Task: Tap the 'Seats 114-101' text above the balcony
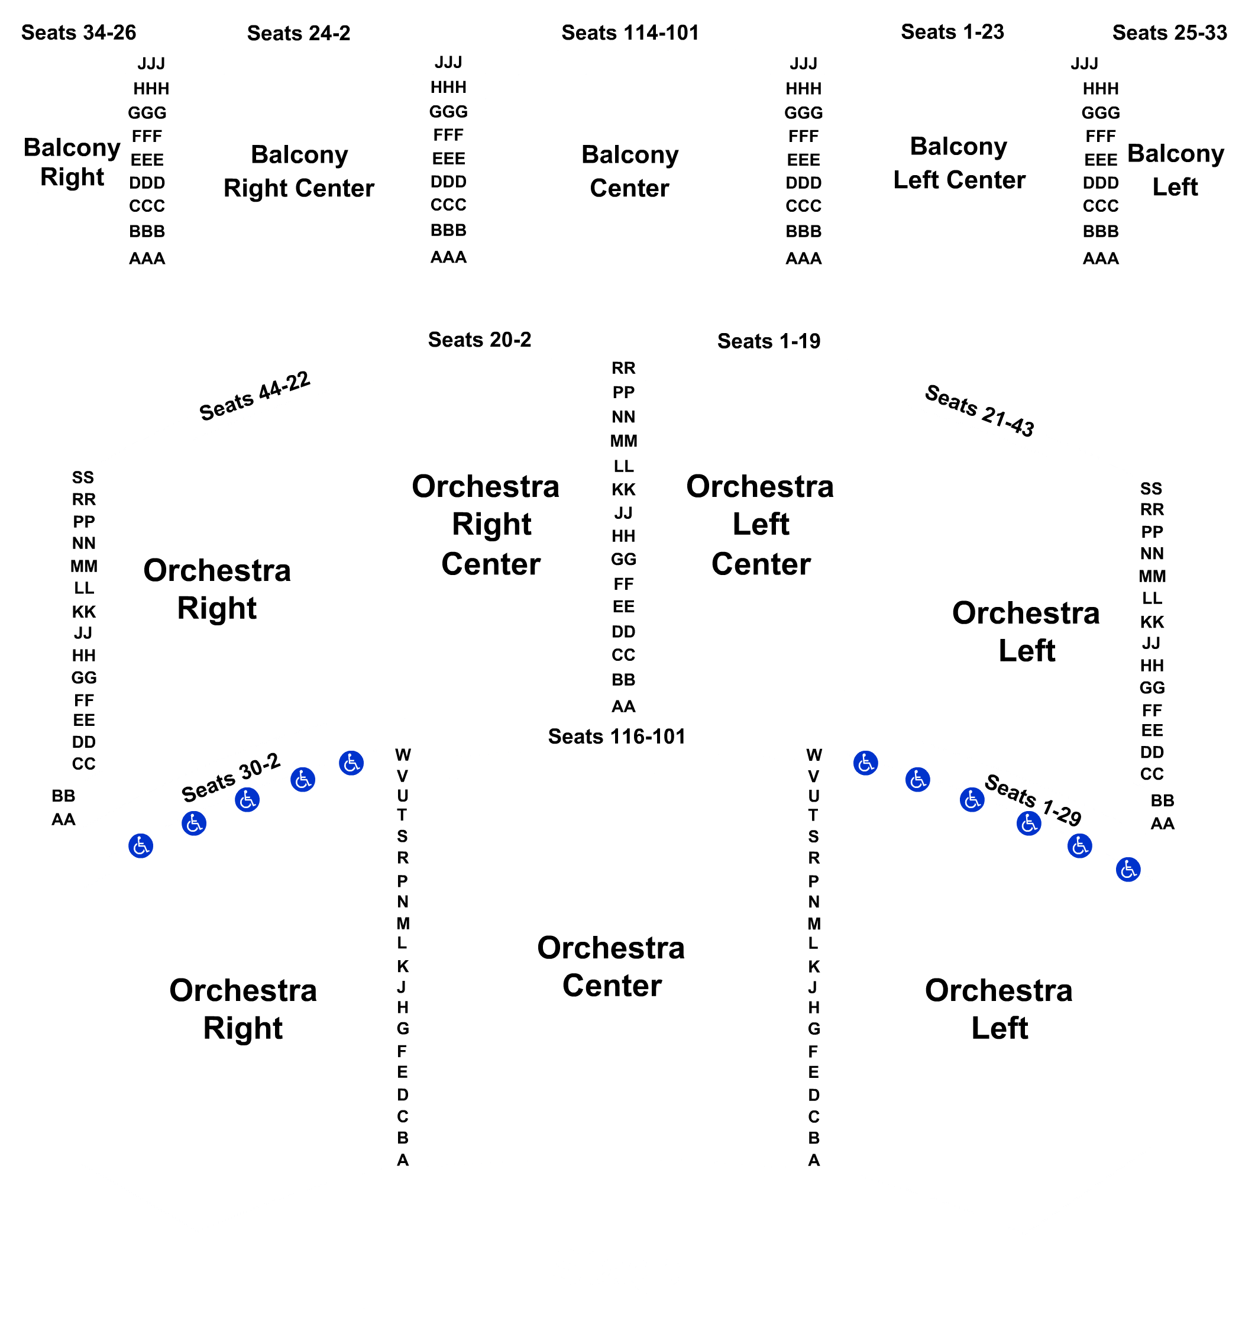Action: (x=630, y=33)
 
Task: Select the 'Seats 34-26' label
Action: (x=79, y=33)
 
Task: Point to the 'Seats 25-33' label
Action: (x=1169, y=33)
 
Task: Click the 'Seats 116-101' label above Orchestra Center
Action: (x=616, y=736)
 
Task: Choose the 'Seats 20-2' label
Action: (x=479, y=340)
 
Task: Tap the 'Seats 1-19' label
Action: (x=768, y=341)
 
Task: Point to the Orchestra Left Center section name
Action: (x=760, y=524)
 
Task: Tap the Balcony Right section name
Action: (x=72, y=162)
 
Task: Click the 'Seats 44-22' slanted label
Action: (x=255, y=396)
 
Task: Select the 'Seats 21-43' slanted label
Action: (x=979, y=410)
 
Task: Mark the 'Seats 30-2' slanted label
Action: (x=231, y=777)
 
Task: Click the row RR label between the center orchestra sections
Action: (x=623, y=368)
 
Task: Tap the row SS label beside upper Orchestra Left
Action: (x=1150, y=489)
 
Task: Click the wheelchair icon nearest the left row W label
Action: (x=351, y=763)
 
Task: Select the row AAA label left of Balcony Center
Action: (x=448, y=257)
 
